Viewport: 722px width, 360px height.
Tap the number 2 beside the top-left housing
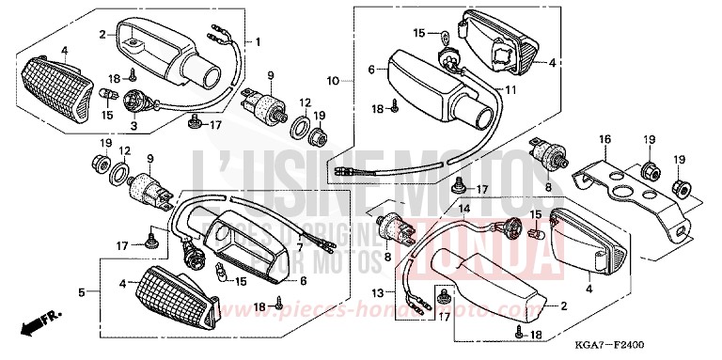[102, 34]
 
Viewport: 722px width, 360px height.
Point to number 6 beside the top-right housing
[371, 69]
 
